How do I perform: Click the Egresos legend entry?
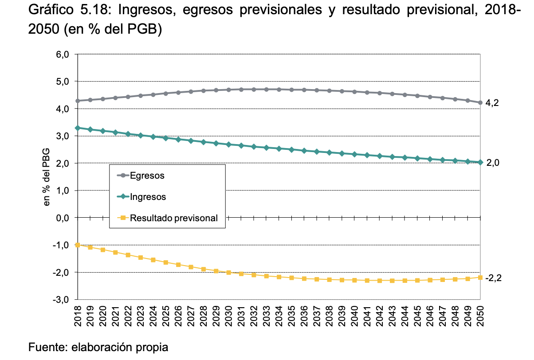click(x=141, y=176)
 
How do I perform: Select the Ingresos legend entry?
click(x=141, y=197)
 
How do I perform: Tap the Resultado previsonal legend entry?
click(x=167, y=218)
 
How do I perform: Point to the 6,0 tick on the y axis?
click(x=63, y=55)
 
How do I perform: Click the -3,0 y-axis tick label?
click(x=61, y=300)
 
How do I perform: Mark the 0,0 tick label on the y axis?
click(x=63, y=218)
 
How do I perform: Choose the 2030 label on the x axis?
click(x=228, y=316)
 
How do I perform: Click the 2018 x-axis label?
click(x=78, y=316)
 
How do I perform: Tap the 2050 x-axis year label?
click(x=480, y=316)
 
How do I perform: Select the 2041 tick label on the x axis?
click(x=367, y=316)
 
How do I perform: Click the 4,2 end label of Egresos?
click(x=492, y=103)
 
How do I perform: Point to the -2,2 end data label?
click(x=494, y=278)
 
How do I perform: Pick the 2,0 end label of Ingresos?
click(x=492, y=163)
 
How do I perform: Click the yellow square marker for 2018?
click(x=78, y=245)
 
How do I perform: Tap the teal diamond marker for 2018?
click(x=78, y=128)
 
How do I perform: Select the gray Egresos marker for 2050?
click(x=480, y=102)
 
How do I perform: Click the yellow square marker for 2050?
click(x=480, y=278)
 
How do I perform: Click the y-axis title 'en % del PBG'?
click(x=46, y=177)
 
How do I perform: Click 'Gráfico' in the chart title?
click(x=51, y=10)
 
